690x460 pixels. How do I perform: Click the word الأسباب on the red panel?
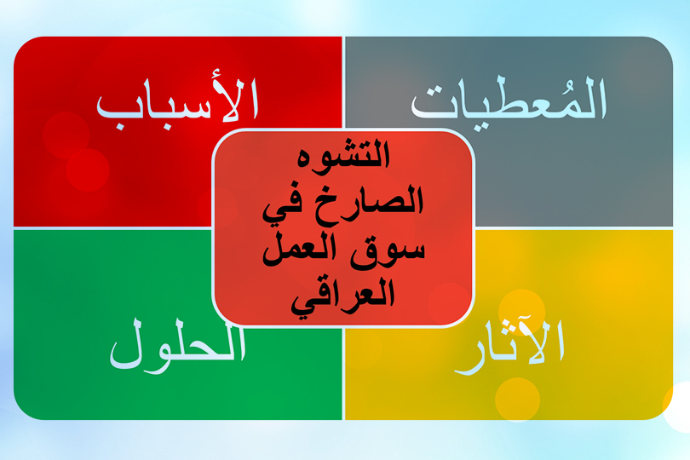click(x=177, y=102)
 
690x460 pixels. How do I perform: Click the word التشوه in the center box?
click(x=343, y=159)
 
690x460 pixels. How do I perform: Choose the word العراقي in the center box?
click(x=344, y=296)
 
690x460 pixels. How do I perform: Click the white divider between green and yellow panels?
click(x=343, y=375)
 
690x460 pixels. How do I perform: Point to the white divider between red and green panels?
click(x=111, y=228)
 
